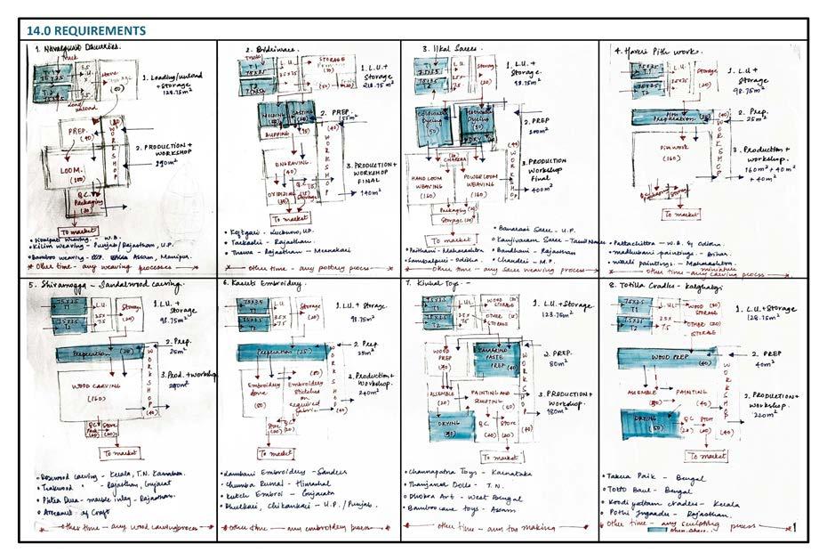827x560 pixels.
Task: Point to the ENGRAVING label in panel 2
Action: point(292,166)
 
